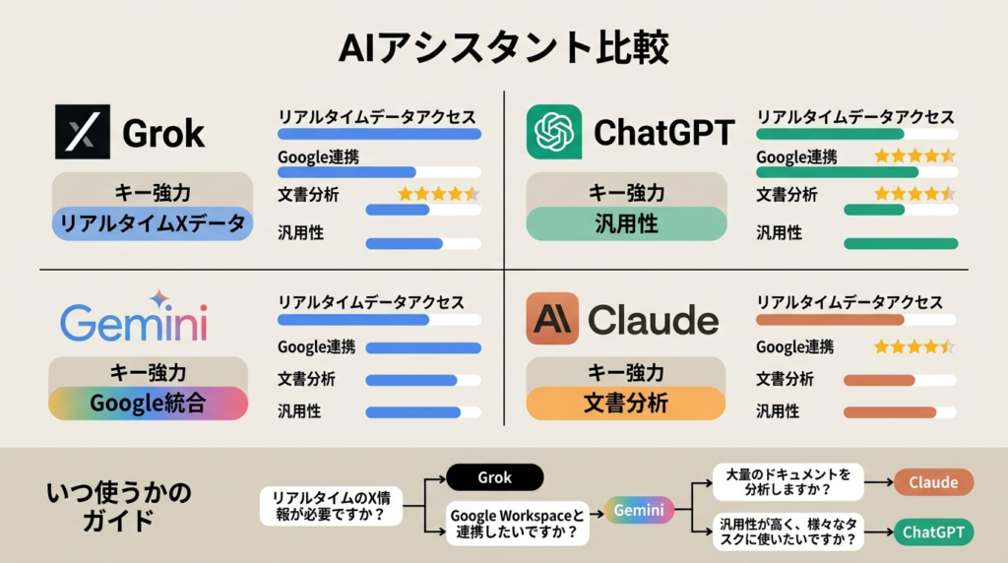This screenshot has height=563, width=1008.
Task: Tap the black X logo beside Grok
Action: click(83, 132)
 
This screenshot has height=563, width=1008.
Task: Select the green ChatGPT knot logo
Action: click(554, 132)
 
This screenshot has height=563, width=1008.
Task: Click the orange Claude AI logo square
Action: click(552, 319)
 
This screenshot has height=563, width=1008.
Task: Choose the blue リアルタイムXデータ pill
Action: click(153, 224)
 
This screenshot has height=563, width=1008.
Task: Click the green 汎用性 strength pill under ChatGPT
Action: click(626, 224)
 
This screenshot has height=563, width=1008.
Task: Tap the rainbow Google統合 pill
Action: click(148, 404)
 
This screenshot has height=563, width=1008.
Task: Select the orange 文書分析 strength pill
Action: click(626, 404)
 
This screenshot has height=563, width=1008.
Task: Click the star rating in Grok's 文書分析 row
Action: click(438, 194)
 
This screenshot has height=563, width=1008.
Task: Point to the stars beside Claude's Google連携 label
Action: click(913, 346)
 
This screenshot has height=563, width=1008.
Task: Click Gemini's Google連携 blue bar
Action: click(423, 347)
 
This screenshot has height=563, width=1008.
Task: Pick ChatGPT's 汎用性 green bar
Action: click(900, 243)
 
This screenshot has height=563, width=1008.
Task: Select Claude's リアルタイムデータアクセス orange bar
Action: click(829, 320)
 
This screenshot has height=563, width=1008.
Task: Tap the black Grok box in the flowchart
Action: click(495, 477)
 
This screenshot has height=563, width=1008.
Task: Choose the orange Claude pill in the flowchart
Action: click(933, 482)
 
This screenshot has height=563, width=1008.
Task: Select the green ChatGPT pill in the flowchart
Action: click(933, 532)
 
